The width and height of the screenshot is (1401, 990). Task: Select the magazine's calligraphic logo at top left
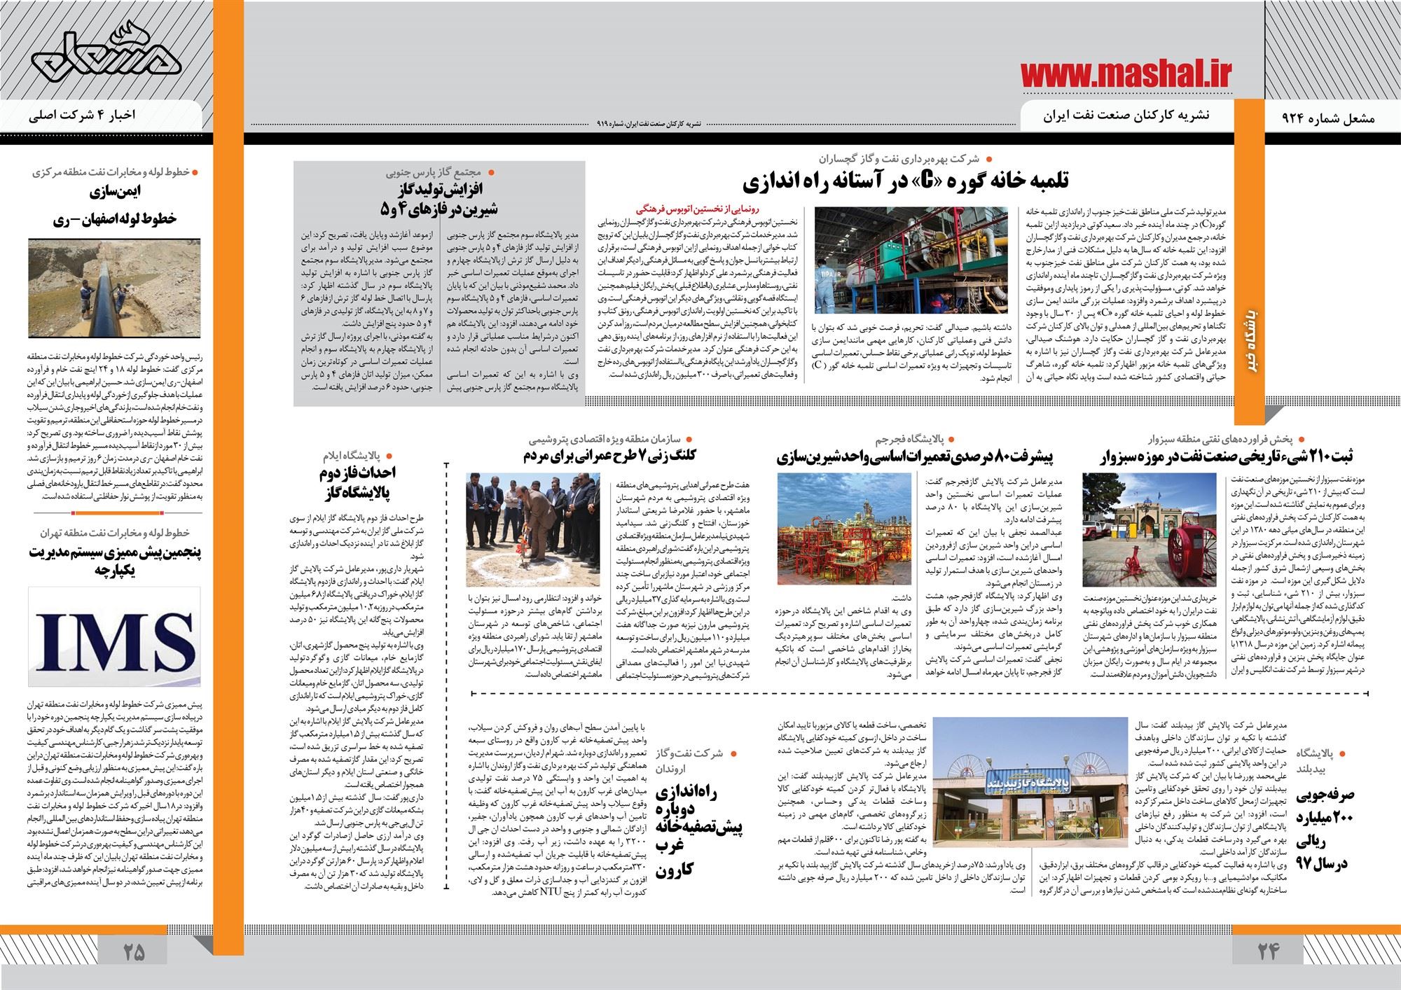[105, 59]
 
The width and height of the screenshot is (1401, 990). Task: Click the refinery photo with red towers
[843, 529]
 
